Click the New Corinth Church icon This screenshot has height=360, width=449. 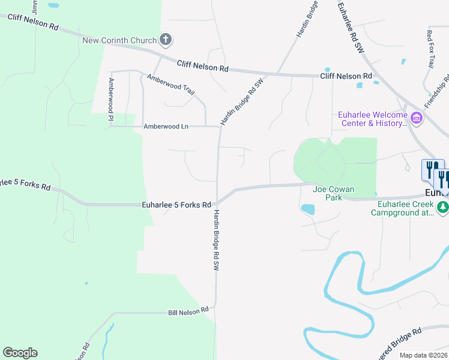coord(166,40)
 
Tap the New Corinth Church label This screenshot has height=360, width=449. coord(119,41)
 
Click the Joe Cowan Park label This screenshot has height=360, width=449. coord(334,193)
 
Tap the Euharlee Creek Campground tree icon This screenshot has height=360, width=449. coord(443,208)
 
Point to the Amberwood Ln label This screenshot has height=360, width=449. coord(166,127)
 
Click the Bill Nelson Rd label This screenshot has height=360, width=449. coord(188,312)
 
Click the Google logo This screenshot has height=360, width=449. coord(20,353)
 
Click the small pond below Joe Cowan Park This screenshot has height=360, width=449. coord(308,209)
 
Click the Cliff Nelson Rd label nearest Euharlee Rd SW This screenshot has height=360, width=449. coord(346,76)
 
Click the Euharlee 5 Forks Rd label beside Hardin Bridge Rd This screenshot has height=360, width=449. coord(176,205)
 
